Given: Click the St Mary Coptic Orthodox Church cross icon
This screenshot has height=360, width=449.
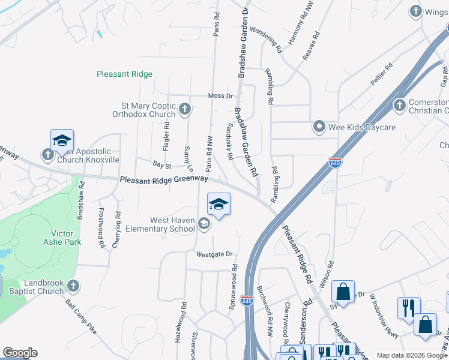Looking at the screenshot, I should coord(185,109).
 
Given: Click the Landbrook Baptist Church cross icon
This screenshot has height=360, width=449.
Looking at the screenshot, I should coord(73,286).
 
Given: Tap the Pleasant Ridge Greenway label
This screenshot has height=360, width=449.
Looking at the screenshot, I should coord(163,179).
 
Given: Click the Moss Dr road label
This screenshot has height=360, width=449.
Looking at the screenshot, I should coord(220,96).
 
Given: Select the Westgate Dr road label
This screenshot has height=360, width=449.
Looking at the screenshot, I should coord(214,254).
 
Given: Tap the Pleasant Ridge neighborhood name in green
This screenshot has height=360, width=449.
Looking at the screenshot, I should coord(125,74).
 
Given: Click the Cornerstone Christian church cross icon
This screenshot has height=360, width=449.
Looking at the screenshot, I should coord(400,106).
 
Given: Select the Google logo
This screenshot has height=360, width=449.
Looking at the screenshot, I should coord(20,353).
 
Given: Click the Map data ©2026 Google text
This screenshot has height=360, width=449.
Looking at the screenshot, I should coord(412,355).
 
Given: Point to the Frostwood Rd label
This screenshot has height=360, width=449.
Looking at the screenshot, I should coord(101,223).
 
